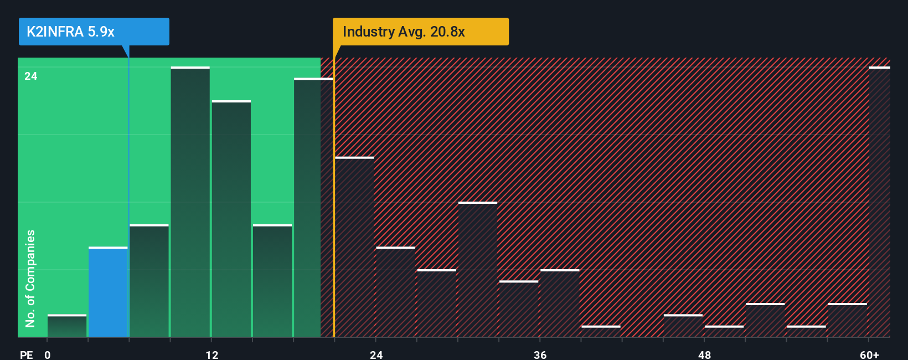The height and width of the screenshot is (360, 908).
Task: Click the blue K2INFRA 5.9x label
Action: tap(94, 32)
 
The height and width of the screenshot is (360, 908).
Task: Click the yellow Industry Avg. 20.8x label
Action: tap(420, 32)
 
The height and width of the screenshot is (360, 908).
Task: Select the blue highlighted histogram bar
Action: tap(108, 292)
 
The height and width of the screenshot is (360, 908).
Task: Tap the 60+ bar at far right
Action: tap(879, 202)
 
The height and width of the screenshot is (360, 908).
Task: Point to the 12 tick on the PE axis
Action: tap(211, 354)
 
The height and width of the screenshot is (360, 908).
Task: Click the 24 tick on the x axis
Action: tap(376, 354)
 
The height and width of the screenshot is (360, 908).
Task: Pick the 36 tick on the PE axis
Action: tap(540, 354)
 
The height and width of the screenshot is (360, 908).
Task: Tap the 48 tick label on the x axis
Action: tap(704, 354)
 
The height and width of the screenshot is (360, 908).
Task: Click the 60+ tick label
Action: tap(869, 354)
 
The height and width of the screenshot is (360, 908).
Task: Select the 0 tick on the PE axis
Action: tap(48, 354)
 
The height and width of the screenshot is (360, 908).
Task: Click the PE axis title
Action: tap(26, 354)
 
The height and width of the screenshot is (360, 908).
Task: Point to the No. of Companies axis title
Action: tap(30, 278)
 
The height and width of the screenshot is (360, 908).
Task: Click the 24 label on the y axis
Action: tap(31, 76)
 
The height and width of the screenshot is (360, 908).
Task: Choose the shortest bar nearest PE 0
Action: tap(67, 326)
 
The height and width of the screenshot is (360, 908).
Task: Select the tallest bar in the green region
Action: tap(190, 202)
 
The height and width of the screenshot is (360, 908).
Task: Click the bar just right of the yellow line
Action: tap(354, 247)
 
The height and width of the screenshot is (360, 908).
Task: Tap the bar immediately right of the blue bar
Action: tap(149, 281)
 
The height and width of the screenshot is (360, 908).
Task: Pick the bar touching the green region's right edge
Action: tap(313, 208)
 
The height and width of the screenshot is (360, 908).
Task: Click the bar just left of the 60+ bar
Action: tap(848, 320)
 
